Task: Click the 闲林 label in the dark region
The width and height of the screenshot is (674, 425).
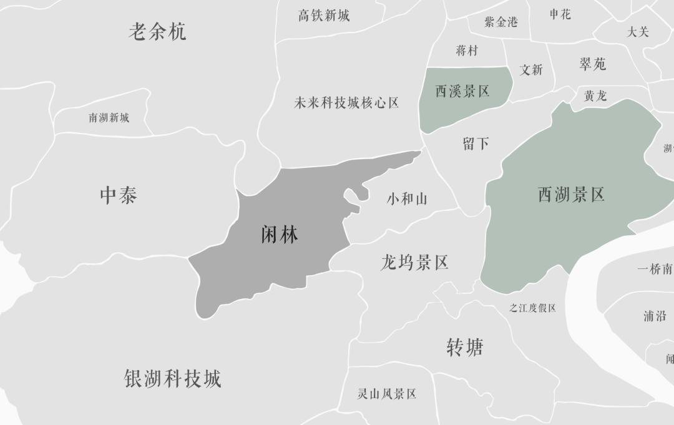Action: click(x=279, y=235)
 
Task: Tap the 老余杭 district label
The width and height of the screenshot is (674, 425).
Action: click(x=157, y=31)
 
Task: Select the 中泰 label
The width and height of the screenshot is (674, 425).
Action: click(x=118, y=195)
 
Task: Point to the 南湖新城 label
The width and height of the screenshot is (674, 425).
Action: click(x=109, y=117)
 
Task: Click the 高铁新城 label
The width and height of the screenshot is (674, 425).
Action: click(x=324, y=16)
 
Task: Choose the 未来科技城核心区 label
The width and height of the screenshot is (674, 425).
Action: click(x=346, y=103)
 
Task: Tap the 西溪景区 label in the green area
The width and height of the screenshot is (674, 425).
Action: click(x=462, y=91)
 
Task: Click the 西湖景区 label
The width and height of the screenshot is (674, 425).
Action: click(x=571, y=195)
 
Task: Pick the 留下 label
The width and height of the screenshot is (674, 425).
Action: click(x=476, y=144)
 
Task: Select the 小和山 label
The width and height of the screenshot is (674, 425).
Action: click(x=407, y=199)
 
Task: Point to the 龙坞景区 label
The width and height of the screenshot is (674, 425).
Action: click(x=414, y=262)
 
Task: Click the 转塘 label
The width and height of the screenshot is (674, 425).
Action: click(x=464, y=347)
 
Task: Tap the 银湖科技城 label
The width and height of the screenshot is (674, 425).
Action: click(x=173, y=379)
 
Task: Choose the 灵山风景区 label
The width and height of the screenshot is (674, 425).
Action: click(x=386, y=394)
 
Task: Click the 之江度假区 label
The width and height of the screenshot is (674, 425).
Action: click(x=532, y=308)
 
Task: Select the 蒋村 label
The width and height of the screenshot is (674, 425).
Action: click(x=467, y=51)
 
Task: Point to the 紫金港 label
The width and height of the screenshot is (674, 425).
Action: click(x=501, y=22)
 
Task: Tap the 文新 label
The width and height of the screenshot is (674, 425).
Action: click(x=531, y=70)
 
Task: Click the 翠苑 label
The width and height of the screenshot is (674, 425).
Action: click(x=592, y=64)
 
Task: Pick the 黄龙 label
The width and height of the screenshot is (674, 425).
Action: click(x=595, y=96)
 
